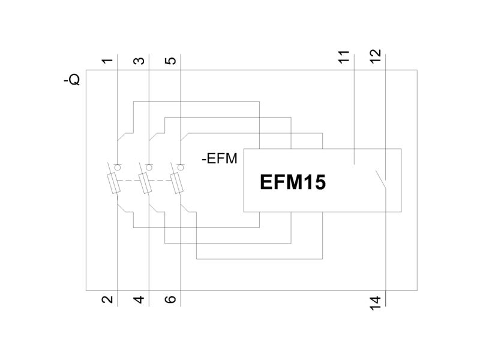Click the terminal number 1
click(107, 61)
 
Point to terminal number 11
click(344, 57)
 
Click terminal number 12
click(376, 56)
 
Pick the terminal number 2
click(107, 299)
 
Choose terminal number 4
click(139, 299)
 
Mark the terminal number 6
click(170, 299)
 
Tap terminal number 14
click(376, 303)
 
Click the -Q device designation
click(72, 80)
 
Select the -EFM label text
click(220, 159)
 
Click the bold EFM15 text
click(293, 182)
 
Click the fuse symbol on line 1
click(113, 183)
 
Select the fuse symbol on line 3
click(145, 183)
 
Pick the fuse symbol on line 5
click(176, 183)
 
